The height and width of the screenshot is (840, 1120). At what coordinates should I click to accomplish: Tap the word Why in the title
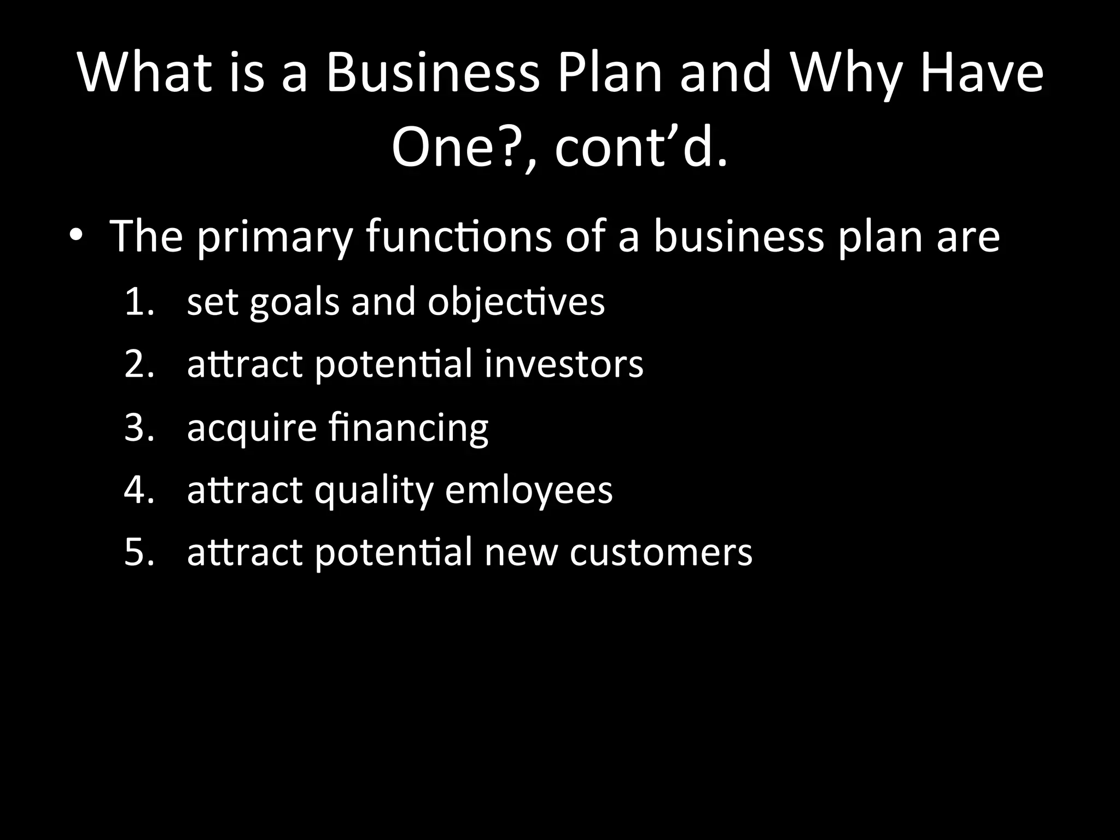[845, 74]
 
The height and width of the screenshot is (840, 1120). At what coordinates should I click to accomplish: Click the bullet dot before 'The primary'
[76, 236]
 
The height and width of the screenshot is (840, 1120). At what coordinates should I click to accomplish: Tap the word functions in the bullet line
[458, 237]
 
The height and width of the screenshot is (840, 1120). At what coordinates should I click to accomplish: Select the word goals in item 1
[294, 303]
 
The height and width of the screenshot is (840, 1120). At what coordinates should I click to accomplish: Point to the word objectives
[516, 303]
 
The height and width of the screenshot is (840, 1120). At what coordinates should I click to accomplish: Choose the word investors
[563, 365]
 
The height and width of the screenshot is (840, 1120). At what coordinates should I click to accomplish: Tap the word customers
[661, 553]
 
